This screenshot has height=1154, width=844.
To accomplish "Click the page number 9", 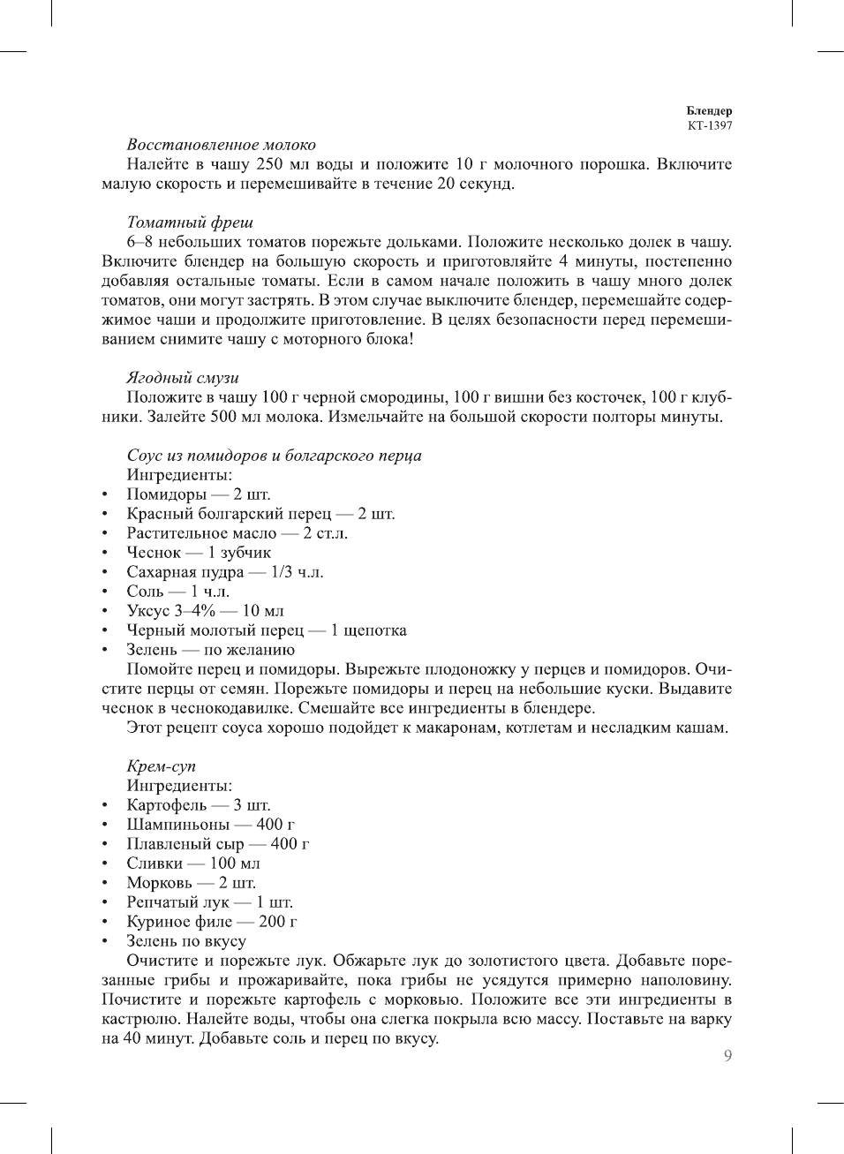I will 727,1056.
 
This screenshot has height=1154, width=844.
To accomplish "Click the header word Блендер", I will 709,111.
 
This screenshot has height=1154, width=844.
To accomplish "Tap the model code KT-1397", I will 710,125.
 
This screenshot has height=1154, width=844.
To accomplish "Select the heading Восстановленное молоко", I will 221,145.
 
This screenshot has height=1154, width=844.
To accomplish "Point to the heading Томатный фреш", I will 190,223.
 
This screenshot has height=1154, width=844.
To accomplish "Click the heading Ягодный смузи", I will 183,378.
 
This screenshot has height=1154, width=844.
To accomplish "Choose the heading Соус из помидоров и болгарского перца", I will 274,456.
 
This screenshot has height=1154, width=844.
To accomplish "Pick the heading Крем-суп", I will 161,766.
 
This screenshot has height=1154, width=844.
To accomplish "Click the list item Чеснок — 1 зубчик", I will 199,553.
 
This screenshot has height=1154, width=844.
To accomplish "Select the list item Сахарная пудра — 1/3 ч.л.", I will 224,572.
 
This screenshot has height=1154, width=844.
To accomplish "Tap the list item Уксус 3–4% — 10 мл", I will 205,611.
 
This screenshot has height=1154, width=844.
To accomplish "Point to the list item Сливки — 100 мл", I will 193,864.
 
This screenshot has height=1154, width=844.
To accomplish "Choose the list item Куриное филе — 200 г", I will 212,922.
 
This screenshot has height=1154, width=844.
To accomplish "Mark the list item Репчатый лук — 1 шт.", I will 209,902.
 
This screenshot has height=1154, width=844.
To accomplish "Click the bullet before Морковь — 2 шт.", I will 105,883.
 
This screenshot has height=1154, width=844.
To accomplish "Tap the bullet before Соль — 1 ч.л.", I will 105,592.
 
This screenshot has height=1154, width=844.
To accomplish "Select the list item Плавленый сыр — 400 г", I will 217,844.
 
